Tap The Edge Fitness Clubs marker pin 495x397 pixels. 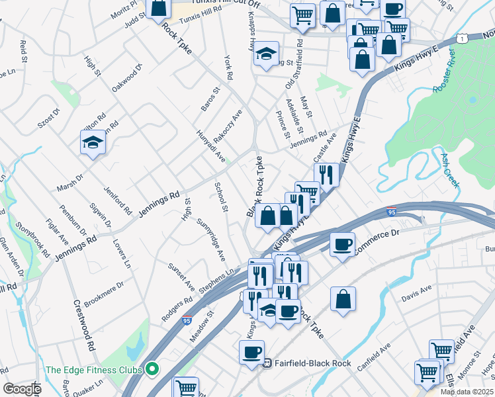[153, 369]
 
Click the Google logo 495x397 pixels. [21, 388]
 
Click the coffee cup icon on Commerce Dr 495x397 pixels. [342, 245]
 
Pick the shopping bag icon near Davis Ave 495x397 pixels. [343, 299]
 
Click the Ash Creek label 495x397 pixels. [450, 171]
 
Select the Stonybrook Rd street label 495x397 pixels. [32, 238]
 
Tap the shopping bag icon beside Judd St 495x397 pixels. [159, 9]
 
